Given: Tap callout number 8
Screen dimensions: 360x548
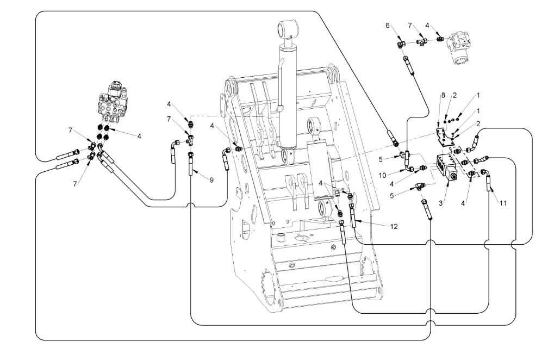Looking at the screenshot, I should (x=443, y=96).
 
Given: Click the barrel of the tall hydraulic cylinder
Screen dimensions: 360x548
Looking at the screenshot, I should (x=289, y=92).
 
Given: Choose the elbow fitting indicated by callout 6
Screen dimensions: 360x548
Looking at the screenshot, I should (x=401, y=43).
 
